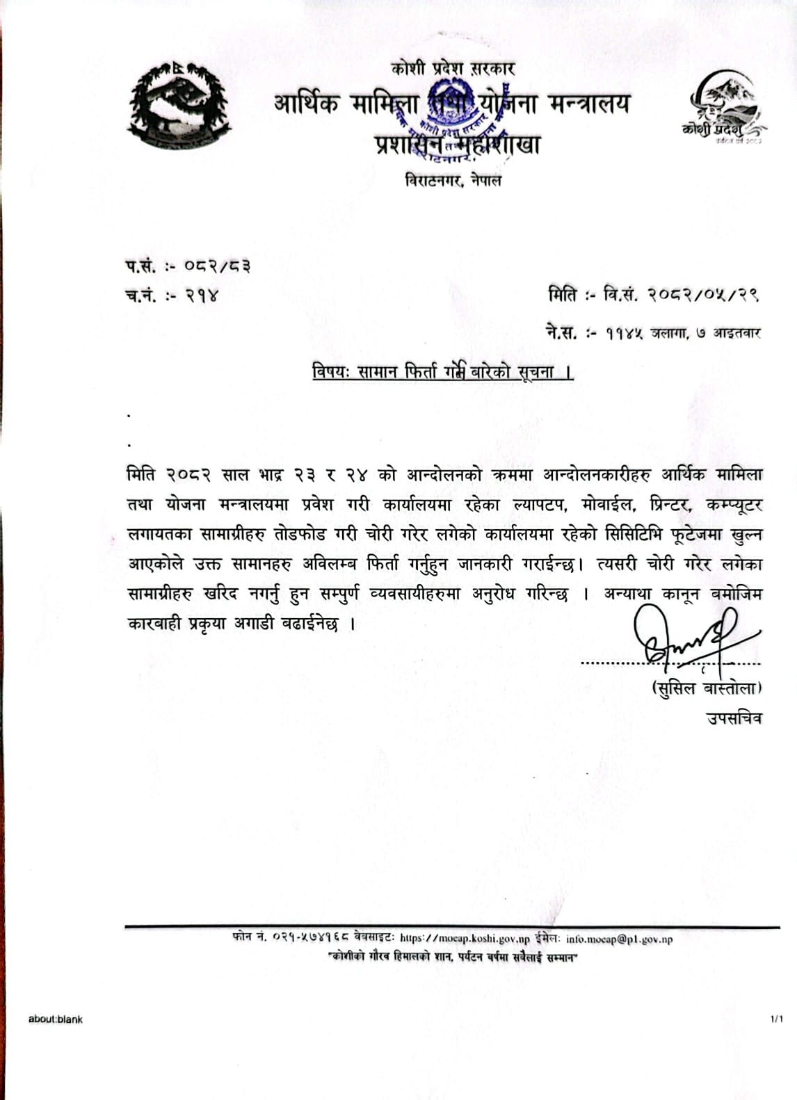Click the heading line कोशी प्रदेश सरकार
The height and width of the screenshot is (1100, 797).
(x=453, y=68)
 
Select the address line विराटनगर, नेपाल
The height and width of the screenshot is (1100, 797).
(x=453, y=180)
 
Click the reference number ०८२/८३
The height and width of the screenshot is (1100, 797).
(x=217, y=266)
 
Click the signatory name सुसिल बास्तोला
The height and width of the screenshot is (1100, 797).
(x=705, y=688)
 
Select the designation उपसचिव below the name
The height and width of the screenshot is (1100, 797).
(x=734, y=718)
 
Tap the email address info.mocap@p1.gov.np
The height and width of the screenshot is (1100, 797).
(x=619, y=939)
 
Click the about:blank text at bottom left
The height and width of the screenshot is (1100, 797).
(x=56, y=1019)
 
